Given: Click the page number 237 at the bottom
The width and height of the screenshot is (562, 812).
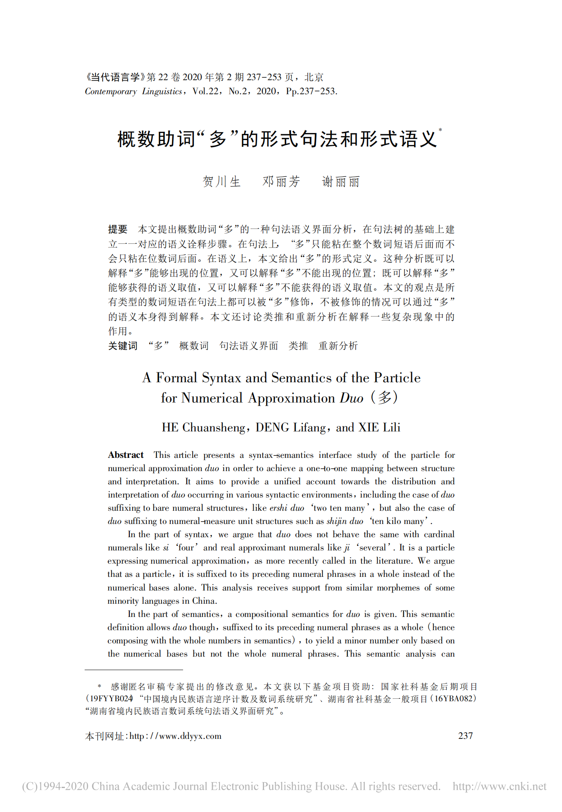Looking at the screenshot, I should pyautogui.click(x=465, y=736).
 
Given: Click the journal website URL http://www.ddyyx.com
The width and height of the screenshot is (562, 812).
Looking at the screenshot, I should pyautogui.click(x=175, y=736).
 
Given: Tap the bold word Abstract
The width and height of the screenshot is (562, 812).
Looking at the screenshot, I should pyautogui.click(x=126, y=455).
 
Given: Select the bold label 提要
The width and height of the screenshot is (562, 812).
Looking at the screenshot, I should pyautogui.click(x=117, y=229).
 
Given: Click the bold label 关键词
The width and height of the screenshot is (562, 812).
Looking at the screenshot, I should pyautogui.click(x=122, y=346).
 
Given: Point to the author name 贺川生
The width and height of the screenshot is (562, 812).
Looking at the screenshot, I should pyautogui.click(x=221, y=181).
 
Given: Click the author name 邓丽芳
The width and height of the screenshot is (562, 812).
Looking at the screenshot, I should pyautogui.click(x=281, y=181).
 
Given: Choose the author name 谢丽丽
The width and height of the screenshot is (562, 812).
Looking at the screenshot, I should pyautogui.click(x=341, y=181).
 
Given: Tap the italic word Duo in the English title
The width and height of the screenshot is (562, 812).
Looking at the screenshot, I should pyautogui.click(x=351, y=398).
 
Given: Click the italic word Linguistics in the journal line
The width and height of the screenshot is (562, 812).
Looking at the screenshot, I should pyautogui.click(x=162, y=91).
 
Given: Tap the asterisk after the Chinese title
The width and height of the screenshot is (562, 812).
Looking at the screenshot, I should pyautogui.click(x=440, y=130).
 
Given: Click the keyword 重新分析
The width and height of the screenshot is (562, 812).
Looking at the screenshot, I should pyautogui.click(x=338, y=346).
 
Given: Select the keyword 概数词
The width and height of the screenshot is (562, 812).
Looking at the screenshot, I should pyautogui.click(x=194, y=346).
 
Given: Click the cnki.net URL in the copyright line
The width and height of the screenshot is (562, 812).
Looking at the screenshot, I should pyautogui.click(x=499, y=786).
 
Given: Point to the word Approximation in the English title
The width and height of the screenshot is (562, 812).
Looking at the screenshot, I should pyautogui.click(x=291, y=398).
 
